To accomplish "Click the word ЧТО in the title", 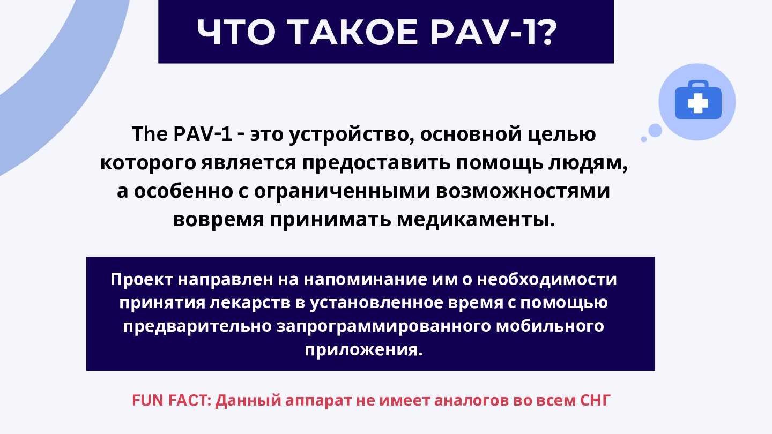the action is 236,32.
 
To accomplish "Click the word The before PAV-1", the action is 150,134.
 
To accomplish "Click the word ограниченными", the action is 342,192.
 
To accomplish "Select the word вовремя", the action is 219,220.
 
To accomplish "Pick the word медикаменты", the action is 476,220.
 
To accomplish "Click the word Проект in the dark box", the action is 142,280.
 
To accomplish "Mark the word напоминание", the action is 365,279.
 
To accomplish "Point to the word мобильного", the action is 550,326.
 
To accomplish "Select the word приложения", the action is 363,350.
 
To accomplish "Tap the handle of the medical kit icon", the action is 698,84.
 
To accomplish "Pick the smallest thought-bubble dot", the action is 644,139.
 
